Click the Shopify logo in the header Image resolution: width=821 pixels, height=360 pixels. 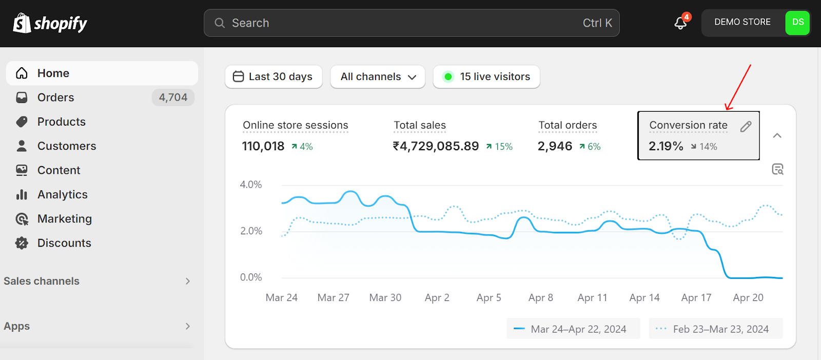[50, 23]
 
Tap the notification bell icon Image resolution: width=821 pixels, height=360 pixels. [681, 23]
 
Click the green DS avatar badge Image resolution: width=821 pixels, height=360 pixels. [797, 23]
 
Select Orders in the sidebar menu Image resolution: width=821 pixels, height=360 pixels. [55, 97]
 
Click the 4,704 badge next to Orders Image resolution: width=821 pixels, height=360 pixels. [173, 97]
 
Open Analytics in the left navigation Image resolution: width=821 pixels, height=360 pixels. [62, 194]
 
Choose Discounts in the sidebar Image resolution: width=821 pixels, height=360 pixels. [64, 243]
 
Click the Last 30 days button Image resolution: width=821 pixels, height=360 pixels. [273, 76]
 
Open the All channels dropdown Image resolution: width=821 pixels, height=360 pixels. [378, 76]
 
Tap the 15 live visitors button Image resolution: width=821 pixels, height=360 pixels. [486, 76]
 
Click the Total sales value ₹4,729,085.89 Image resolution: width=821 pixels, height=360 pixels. [436, 146]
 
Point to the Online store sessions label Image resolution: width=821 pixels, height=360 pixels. [295, 125]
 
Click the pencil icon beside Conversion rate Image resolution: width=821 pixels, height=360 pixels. [746, 127]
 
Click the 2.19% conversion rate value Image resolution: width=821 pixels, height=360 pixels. [666, 146]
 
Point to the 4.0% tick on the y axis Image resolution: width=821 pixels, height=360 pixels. [251, 185]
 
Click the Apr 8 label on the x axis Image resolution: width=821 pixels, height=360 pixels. [540, 297]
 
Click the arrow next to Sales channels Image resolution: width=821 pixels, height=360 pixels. [188, 281]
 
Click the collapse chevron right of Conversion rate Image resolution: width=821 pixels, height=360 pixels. [777, 135]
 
